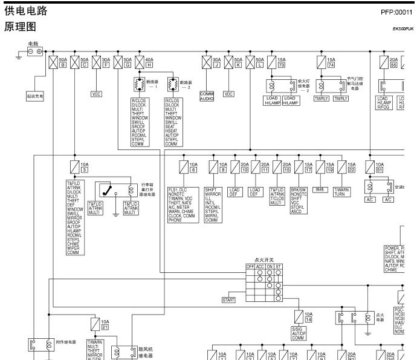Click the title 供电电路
coord(25,11)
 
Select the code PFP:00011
coord(396,11)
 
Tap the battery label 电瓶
coord(33,44)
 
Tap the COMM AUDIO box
coord(207,95)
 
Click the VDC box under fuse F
coord(97,94)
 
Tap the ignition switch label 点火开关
coord(264,258)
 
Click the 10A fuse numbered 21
coord(97,324)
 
